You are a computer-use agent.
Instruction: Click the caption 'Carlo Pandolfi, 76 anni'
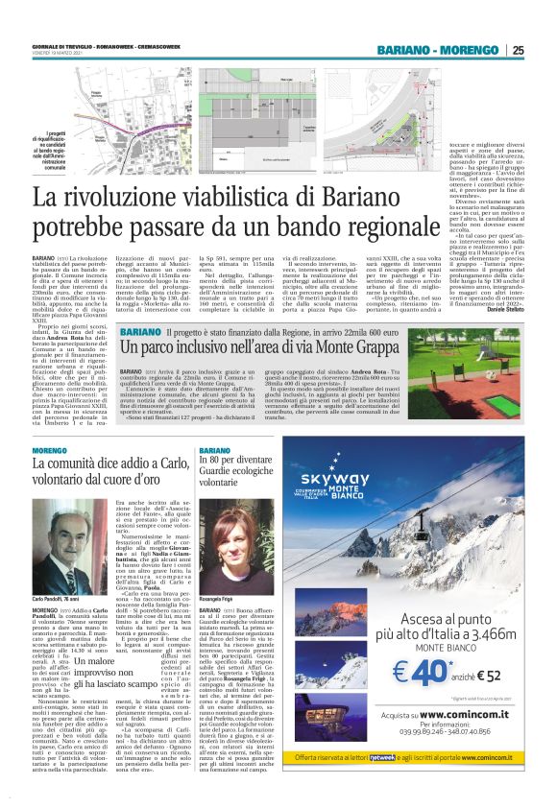[x=56, y=572]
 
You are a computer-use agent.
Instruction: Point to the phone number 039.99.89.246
[x=415, y=759]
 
